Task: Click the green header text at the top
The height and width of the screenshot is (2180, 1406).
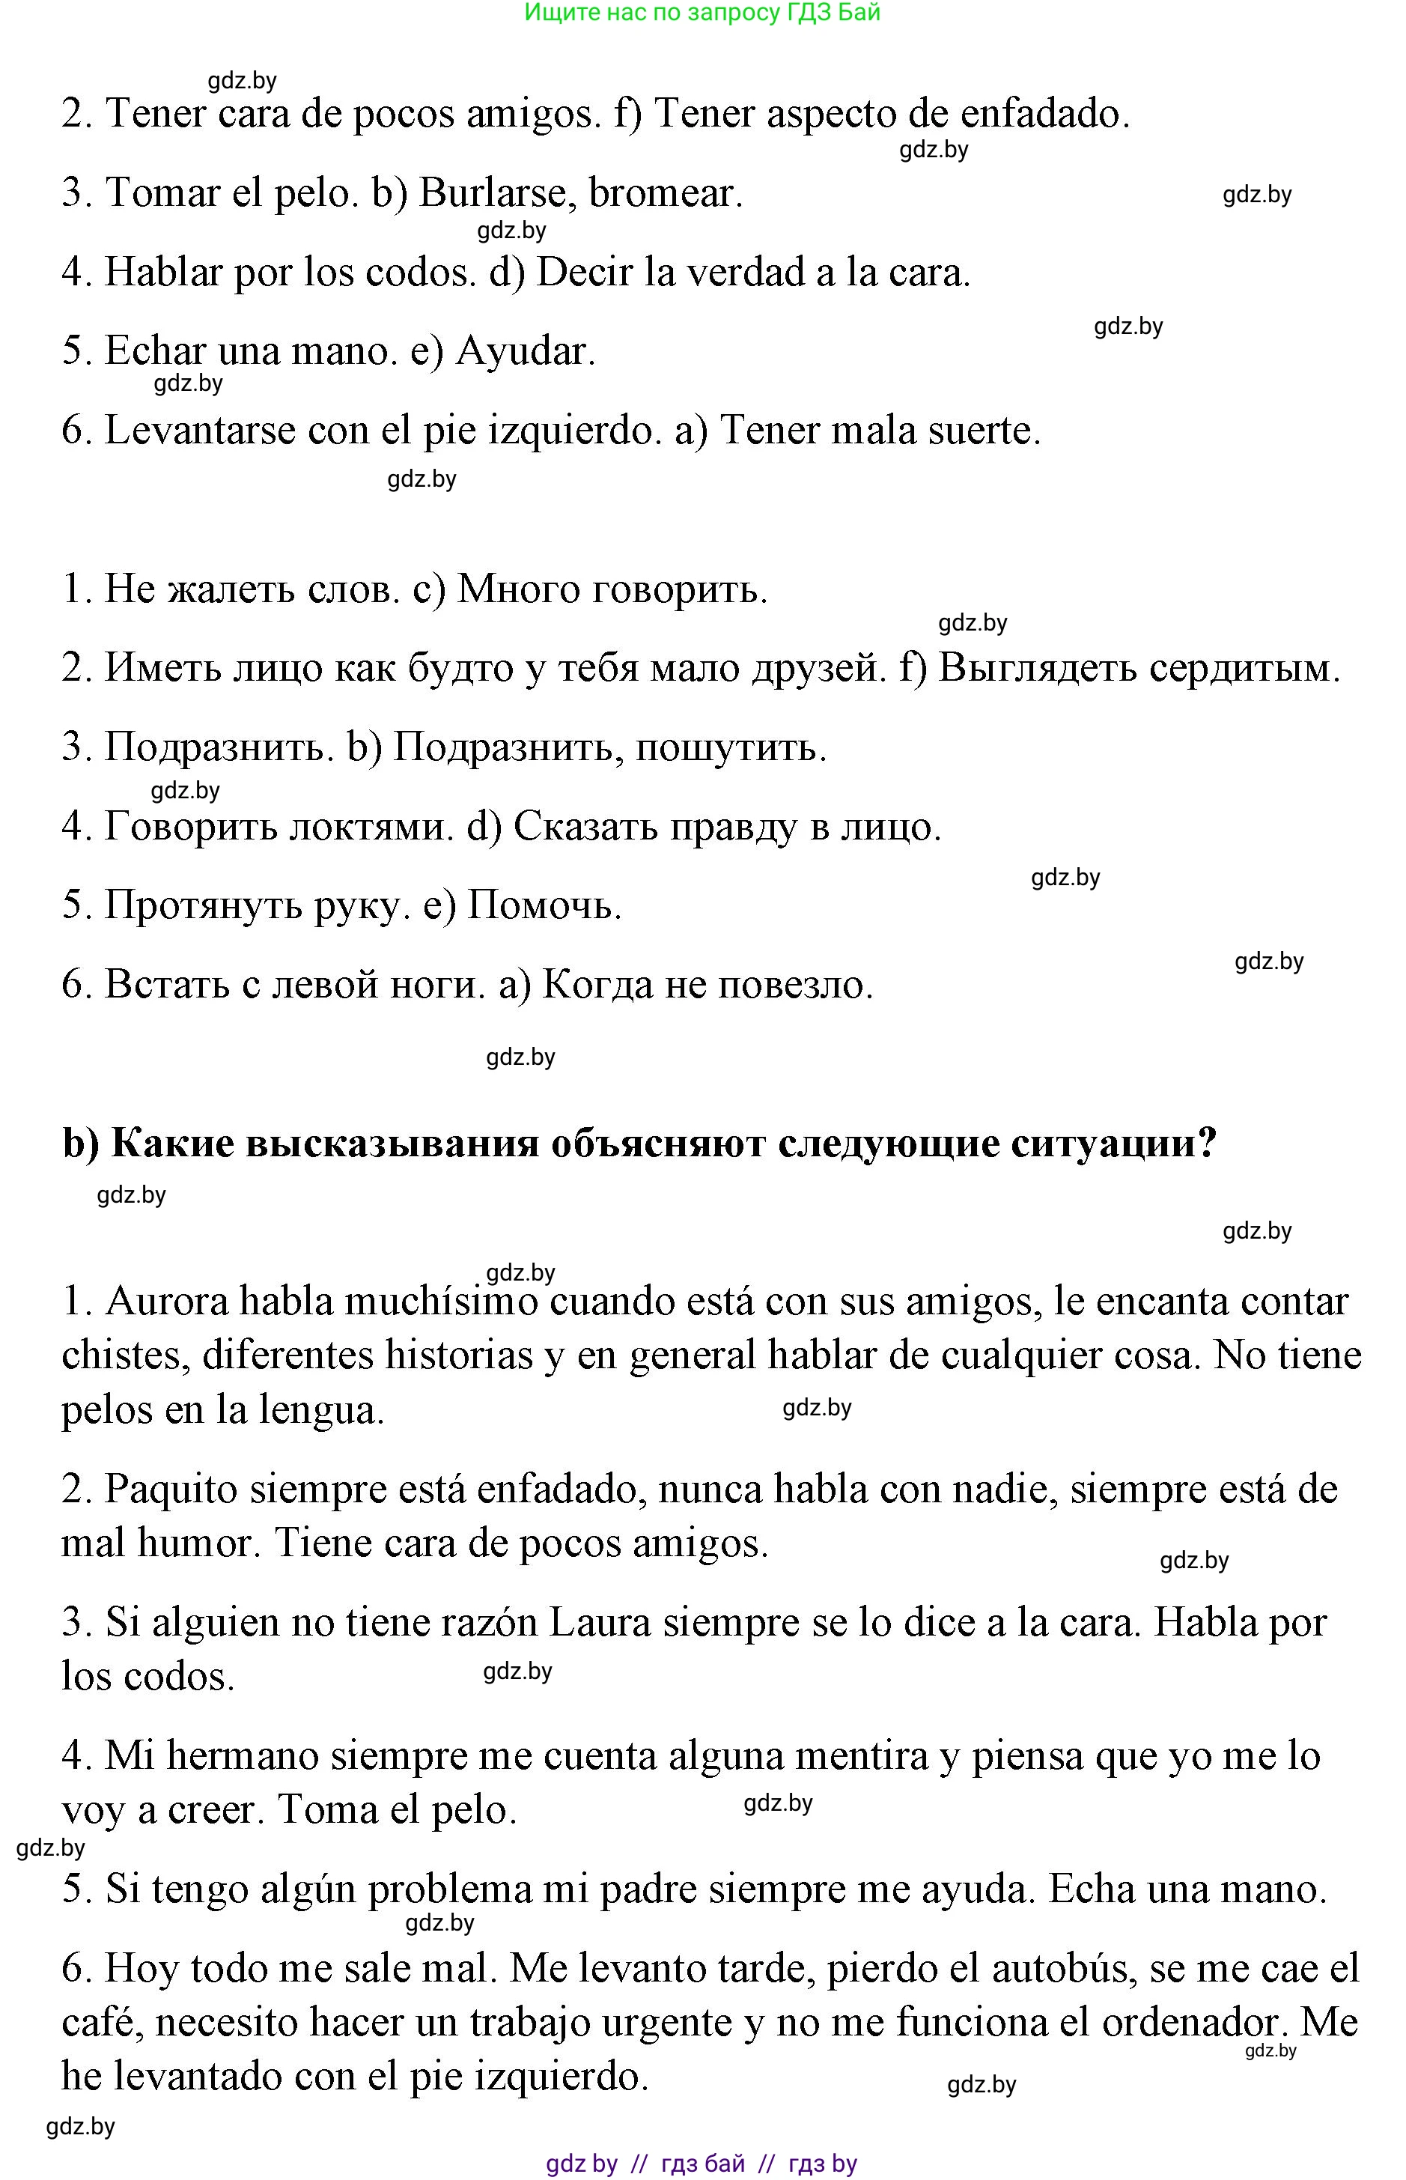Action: coord(702,13)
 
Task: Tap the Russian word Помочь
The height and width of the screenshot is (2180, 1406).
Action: coord(544,906)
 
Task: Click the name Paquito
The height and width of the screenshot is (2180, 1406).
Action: coord(171,1490)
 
